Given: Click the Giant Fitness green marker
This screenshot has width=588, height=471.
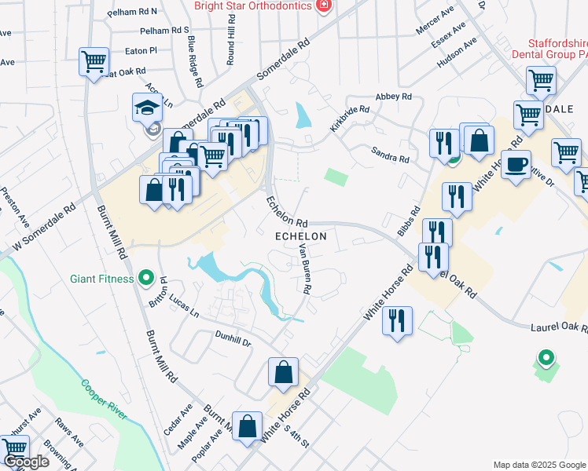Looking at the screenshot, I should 145,277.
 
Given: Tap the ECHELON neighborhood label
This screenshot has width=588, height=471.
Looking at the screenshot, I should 300,235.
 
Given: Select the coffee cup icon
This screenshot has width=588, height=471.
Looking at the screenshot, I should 516,165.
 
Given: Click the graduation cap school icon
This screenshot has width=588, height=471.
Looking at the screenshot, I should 147,108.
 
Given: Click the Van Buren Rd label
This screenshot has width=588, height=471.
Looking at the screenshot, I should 305,269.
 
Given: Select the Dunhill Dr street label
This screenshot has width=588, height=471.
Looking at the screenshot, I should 234,339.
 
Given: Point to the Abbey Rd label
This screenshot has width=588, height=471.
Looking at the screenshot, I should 394,97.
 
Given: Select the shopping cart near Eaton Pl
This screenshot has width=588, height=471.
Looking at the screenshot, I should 94,60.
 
